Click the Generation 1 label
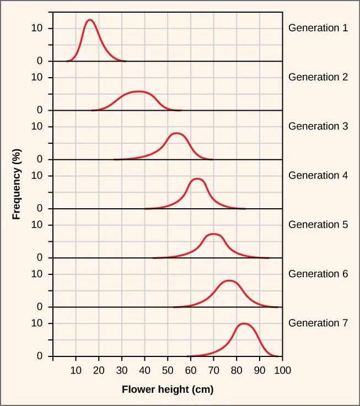[x=318, y=28]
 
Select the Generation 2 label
[x=318, y=77]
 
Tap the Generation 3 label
[x=318, y=126]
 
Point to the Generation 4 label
[x=318, y=176]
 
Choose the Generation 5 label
[x=318, y=225]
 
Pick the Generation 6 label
[x=318, y=274]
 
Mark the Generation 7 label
[x=318, y=323]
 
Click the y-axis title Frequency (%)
[x=17, y=184]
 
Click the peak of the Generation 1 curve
[x=89, y=20]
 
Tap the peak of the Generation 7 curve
[x=244, y=323]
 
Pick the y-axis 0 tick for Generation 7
[x=40, y=356]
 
